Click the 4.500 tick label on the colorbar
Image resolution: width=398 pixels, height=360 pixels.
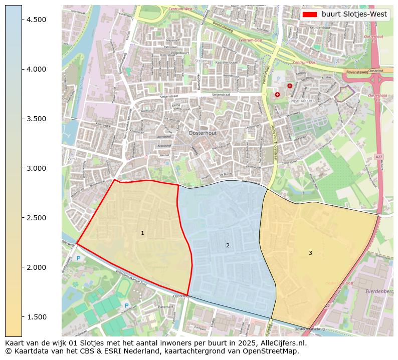(36, 20)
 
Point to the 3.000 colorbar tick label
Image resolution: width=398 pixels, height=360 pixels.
(36, 168)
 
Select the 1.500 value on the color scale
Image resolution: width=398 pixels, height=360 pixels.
(36, 317)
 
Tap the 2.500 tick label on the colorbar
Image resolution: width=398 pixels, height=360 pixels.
(36, 218)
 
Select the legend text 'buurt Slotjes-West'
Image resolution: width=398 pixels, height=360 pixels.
(354, 15)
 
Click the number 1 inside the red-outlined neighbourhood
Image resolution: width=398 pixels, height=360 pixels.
(142, 233)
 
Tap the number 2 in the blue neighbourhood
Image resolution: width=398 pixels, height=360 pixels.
(228, 245)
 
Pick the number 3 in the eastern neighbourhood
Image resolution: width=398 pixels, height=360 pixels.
(310, 253)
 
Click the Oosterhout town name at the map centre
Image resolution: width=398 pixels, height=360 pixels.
(203, 133)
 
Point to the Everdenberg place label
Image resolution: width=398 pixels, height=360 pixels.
(379, 291)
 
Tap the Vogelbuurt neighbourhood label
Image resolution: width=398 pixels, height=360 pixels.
(179, 53)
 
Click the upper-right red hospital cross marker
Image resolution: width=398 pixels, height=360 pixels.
(289, 86)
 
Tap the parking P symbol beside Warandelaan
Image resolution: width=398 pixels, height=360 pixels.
(127, 305)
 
